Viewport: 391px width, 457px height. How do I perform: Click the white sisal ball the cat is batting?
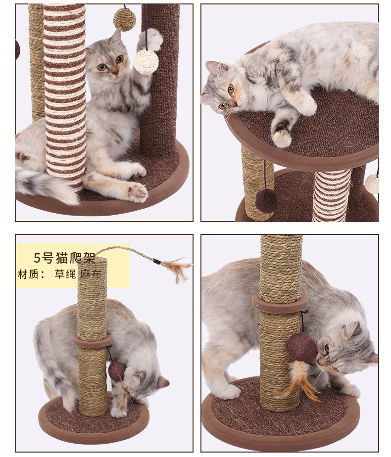146,62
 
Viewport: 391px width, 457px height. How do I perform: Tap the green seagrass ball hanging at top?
125,19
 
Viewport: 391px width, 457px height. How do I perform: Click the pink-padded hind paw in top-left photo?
137,193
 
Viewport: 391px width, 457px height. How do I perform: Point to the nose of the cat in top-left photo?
115,72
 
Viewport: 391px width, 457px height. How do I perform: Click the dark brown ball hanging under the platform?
266,200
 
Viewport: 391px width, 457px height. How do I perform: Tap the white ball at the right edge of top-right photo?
372,183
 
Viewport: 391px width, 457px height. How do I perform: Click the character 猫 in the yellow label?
63,258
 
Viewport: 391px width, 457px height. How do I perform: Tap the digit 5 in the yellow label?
37,258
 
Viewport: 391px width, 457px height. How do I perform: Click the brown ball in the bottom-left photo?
117,371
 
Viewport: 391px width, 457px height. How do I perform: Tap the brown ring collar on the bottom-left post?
92,341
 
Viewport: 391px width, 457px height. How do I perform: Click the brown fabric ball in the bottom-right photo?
301,347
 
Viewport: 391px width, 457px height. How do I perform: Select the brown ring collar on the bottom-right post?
280,303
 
